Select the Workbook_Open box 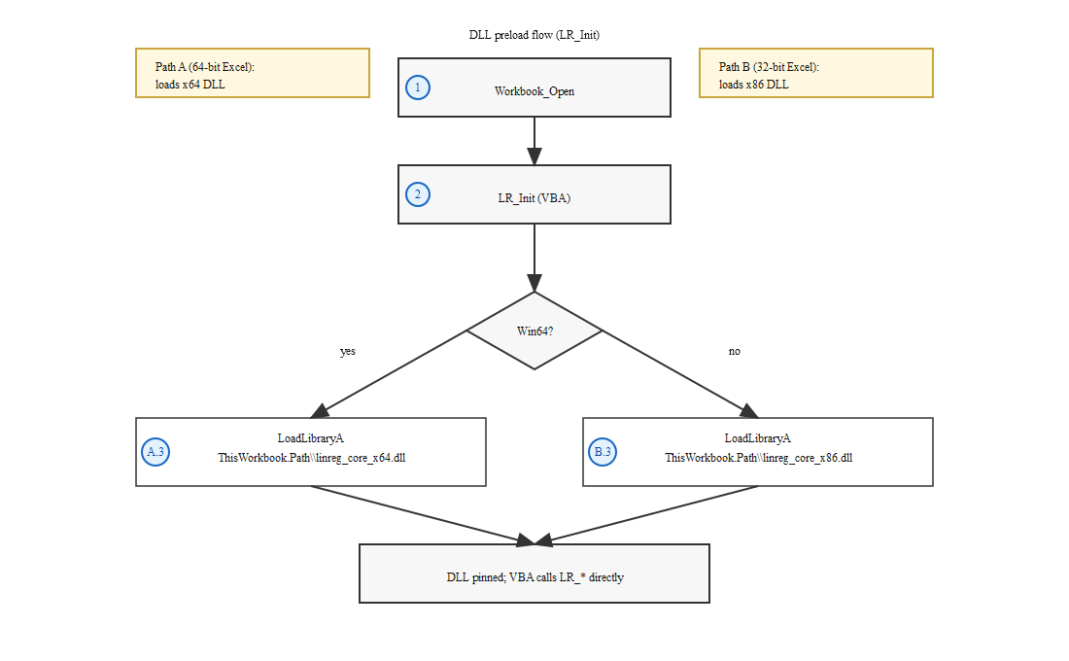(534, 87)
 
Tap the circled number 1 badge (418, 87)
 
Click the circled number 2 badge (418, 194)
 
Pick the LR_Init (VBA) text (534, 197)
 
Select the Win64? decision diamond (534, 330)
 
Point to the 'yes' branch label (347, 351)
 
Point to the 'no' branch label (734, 351)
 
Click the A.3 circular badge (155, 452)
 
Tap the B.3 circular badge (603, 452)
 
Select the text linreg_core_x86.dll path (758, 458)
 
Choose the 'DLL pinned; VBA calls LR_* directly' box (534, 574)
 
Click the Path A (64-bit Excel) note (253, 73)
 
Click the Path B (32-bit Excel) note (816, 73)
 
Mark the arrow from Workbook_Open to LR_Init (534, 141)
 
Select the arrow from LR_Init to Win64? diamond (534, 258)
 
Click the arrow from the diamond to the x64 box (394, 373)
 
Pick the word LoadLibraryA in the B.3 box (758, 438)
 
